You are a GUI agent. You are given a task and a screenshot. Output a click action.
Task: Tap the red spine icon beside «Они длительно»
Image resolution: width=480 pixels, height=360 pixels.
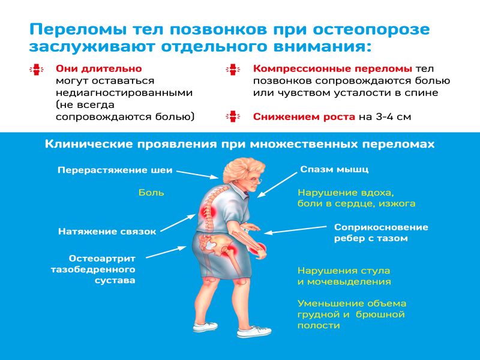click(37, 70)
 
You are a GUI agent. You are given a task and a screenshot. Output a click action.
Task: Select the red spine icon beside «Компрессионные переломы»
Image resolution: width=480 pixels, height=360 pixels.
click(233, 70)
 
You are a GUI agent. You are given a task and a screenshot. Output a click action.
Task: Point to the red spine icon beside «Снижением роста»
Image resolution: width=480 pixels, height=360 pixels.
click(233, 116)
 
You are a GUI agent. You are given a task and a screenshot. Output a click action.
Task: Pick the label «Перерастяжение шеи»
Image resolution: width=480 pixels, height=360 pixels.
click(115, 170)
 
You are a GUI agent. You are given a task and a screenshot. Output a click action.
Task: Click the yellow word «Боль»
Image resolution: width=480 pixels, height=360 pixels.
click(151, 193)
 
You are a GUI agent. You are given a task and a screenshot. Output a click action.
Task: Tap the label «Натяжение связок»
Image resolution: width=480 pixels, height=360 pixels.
click(107, 232)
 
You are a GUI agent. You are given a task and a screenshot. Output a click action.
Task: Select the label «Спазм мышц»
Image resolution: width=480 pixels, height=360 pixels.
click(334, 170)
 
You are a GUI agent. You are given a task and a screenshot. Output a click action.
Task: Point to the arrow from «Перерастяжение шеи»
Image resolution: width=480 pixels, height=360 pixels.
click(198, 175)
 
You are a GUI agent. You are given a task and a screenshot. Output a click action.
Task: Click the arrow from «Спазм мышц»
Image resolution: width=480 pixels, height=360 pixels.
click(277, 185)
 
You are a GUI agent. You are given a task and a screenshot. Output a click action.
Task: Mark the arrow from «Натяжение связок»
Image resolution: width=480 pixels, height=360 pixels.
click(178, 223)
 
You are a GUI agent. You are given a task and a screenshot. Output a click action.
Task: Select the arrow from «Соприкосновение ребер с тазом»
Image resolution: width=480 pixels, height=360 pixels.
click(295, 230)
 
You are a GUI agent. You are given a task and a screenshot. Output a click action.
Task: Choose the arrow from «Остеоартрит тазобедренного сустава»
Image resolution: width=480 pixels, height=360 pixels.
click(166, 252)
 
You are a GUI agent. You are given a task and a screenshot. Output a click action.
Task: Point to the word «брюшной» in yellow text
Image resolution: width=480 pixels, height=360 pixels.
click(380, 314)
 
